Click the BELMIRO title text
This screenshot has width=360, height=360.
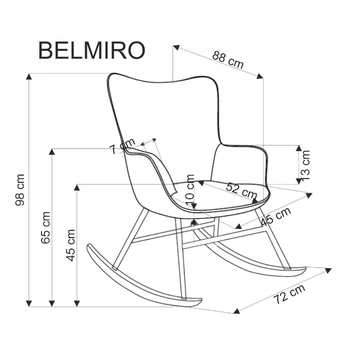[x=91, y=50]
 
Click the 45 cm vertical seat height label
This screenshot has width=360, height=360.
[x=71, y=245]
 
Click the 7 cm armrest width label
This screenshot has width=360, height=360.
[x=122, y=146]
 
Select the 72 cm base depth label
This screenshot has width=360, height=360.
[x=289, y=294]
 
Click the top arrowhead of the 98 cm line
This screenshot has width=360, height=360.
[x=30, y=76]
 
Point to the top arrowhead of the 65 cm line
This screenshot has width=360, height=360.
[x=52, y=151]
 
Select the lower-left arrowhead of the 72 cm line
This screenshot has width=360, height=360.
[x=237, y=311]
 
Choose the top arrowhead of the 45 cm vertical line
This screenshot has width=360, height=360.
[x=77, y=187]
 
